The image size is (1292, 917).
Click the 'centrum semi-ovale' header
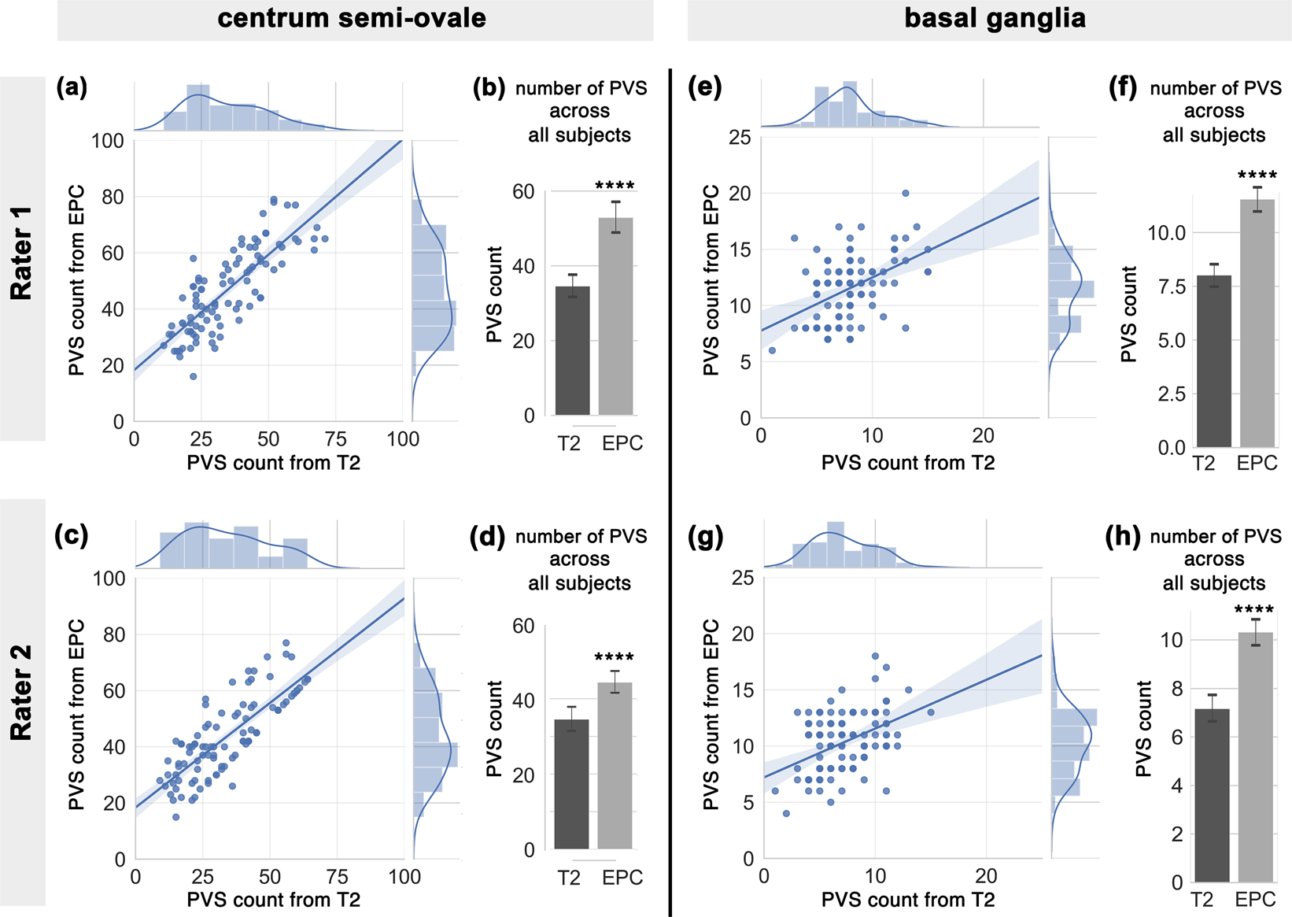point(352,18)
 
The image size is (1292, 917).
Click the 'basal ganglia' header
point(995,18)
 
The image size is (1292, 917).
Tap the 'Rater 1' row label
point(21,253)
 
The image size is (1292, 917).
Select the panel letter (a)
point(72,87)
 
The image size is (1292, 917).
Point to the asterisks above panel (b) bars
point(615,187)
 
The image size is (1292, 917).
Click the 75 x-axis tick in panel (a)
point(336,439)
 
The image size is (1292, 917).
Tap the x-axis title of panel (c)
point(273,900)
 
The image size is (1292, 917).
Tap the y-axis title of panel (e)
point(711,280)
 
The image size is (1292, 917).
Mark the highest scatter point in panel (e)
point(906,193)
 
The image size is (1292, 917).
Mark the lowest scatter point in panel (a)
point(193,376)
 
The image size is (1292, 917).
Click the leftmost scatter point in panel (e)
point(772,350)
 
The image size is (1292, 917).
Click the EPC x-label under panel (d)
point(622,878)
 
